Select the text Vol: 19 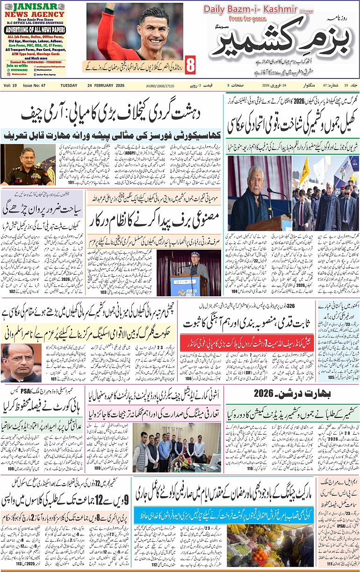(x=10, y=86)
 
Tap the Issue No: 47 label (x=36, y=86)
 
